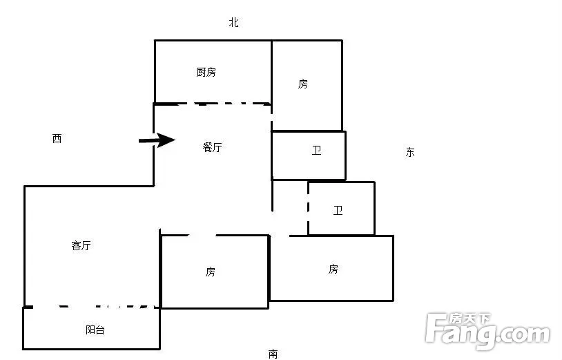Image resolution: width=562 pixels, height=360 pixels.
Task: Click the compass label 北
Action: (x=233, y=22)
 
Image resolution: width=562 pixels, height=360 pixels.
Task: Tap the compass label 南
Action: (x=273, y=354)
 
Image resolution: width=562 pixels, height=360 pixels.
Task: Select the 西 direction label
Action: (x=57, y=138)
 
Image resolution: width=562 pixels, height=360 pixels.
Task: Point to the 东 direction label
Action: (x=410, y=152)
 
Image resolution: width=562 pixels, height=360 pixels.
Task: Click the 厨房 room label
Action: (x=206, y=72)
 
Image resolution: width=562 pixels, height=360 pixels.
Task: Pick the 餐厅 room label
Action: (x=212, y=147)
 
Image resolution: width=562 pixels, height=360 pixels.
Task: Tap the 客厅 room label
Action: (x=81, y=245)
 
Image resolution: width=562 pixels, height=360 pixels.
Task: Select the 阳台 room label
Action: (x=95, y=330)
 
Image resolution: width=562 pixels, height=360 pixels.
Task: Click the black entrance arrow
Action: (x=157, y=140)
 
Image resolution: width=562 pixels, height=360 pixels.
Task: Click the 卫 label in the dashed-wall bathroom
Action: (x=338, y=210)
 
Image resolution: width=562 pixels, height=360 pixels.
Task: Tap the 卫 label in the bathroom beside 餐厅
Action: (x=316, y=150)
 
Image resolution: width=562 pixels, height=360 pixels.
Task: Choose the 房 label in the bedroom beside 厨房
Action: (x=303, y=84)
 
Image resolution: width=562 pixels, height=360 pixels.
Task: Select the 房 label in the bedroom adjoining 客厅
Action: (x=211, y=272)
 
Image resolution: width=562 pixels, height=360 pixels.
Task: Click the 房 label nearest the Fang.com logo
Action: (x=333, y=269)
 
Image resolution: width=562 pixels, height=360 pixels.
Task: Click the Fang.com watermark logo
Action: (x=487, y=331)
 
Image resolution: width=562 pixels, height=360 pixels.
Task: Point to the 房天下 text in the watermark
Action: (x=471, y=318)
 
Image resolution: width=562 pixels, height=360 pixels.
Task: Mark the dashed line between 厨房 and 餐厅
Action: (x=213, y=104)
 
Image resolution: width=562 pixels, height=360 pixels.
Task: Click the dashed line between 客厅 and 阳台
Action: (x=91, y=307)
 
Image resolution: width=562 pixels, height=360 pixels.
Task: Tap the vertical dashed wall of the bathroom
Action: (x=308, y=209)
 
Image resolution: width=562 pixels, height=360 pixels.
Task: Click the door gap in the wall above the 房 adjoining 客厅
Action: (x=202, y=235)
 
